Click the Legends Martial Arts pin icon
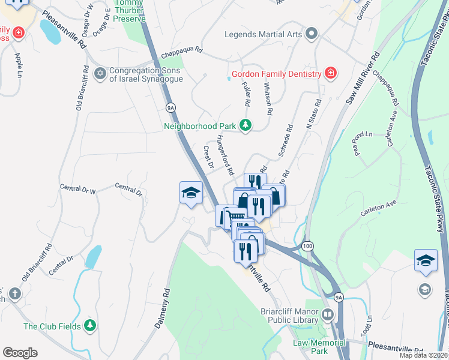coord(311,34)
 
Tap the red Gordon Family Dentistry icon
coord(330,74)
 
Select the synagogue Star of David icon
coord(100,74)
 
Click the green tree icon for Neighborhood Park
coord(245,125)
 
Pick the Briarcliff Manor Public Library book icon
coord(327,314)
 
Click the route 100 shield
coord(308,246)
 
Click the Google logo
coord(20,352)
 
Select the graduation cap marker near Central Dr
coord(190,193)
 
